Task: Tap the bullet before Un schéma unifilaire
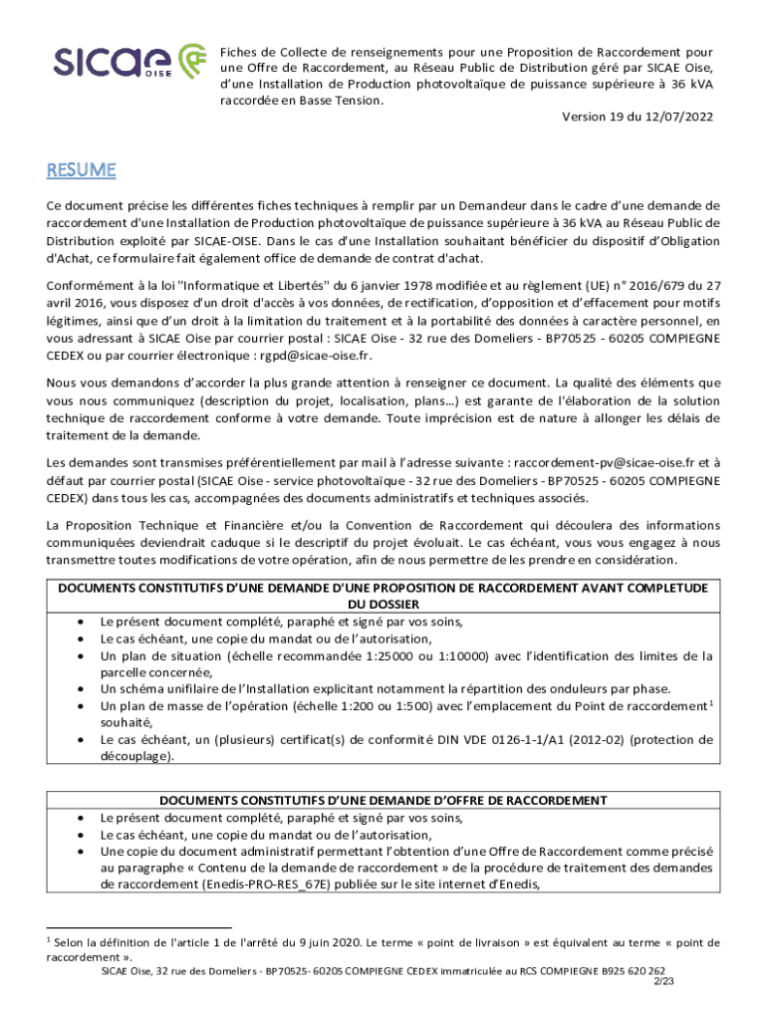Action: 79,689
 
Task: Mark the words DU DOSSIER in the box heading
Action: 383,605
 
